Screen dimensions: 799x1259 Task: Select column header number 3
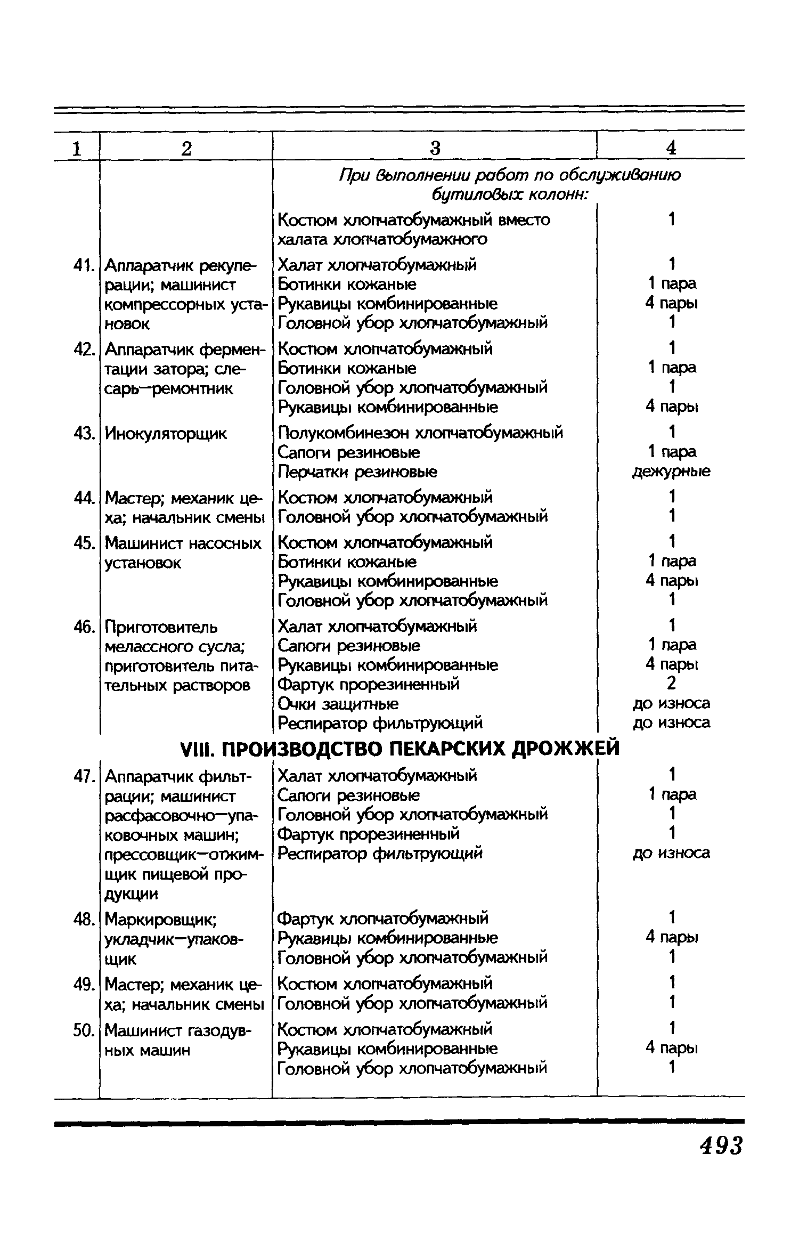pyautogui.click(x=435, y=148)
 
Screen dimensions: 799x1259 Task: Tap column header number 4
pyautogui.click(x=671, y=148)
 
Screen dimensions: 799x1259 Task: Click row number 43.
pyautogui.click(x=84, y=433)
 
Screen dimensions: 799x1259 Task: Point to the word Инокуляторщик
pyautogui.click(x=166, y=434)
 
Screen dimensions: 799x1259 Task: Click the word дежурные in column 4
pyautogui.click(x=671, y=472)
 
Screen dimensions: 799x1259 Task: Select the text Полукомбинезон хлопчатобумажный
pyautogui.click(x=420, y=432)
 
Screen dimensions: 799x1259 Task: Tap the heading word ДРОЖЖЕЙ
pyautogui.click(x=565, y=749)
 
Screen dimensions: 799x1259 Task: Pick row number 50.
pyautogui.click(x=84, y=1030)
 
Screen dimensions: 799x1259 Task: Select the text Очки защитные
pyautogui.click(x=338, y=704)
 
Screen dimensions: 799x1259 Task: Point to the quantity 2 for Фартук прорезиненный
pyautogui.click(x=672, y=684)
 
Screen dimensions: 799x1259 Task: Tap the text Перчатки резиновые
pyautogui.click(x=358, y=472)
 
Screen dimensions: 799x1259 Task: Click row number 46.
pyautogui.click(x=84, y=627)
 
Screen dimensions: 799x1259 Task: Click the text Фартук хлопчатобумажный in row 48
pyautogui.click(x=383, y=918)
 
